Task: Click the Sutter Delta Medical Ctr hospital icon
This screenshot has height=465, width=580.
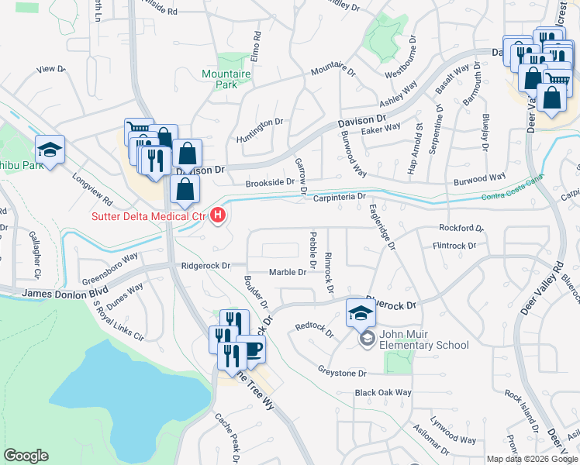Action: click(219, 215)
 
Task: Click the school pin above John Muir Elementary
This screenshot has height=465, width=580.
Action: click(361, 312)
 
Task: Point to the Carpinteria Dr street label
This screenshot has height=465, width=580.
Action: click(339, 198)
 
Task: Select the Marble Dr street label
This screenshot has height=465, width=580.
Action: click(287, 272)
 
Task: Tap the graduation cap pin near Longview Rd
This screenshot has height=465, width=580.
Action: click(50, 150)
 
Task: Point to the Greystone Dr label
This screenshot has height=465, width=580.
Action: click(342, 373)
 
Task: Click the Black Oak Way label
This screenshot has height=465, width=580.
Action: click(383, 393)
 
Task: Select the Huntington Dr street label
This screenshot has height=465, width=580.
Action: click(260, 123)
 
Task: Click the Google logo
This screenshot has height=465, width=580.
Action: click(26, 456)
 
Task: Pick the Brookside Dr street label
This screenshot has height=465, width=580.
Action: click(270, 183)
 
